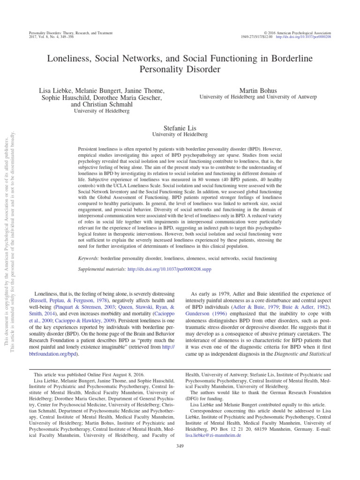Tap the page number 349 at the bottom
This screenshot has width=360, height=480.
(x=180, y=446)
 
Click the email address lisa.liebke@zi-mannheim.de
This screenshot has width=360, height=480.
(x=213, y=435)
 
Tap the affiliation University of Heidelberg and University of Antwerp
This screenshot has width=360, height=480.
(x=264, y=97)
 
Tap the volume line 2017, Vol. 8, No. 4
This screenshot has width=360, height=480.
(x=45, y=37)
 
